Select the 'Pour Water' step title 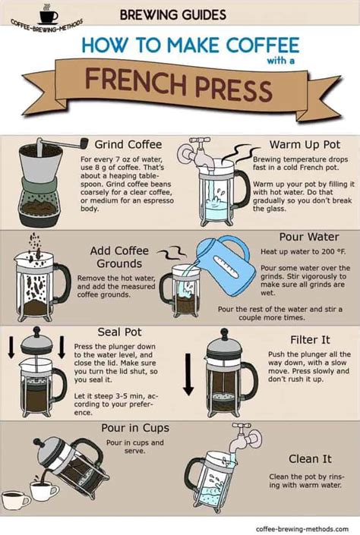click(x=308, y=238)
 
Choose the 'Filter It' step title click(x=311, y=340)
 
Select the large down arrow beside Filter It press click(x=188, y=379)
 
